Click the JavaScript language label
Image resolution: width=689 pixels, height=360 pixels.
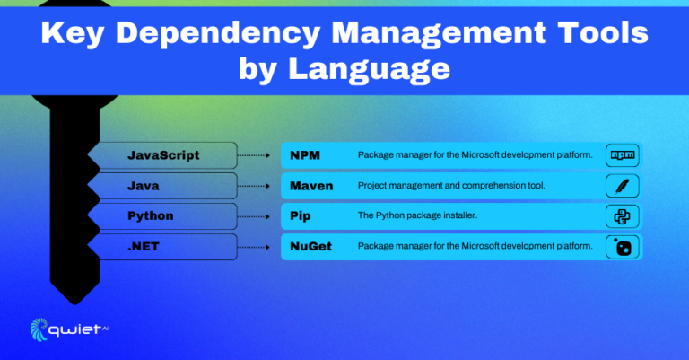tap(163, 155)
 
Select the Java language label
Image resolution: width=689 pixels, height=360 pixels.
tap(144, 186)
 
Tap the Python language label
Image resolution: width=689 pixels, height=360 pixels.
tap(151, 216)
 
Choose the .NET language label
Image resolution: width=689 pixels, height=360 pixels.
tap(143, 247)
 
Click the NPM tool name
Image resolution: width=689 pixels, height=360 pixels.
tap(305, 155)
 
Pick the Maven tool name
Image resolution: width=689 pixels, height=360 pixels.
tap(311, 186)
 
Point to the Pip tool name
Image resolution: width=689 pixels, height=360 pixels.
tap(301, 216)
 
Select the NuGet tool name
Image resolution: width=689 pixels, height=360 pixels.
tap(310, 247)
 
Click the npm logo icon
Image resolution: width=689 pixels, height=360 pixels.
tap(623, 155)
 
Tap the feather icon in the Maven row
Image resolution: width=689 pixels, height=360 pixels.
tap(622, 186)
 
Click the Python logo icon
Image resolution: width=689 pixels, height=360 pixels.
tap(623, 216)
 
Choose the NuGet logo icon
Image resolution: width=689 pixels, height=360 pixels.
tap(623, 247)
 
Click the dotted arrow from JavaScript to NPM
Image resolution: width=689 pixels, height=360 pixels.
tap(254, 155)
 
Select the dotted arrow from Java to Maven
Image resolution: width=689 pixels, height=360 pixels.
tap(254, 186)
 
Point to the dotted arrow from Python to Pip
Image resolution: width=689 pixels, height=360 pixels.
tap(254, 216)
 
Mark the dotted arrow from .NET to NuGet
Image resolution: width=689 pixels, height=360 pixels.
tap(254, 247)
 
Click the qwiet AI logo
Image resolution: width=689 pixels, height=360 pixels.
tap(69, 329)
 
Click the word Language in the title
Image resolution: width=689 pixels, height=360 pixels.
tap(369, 69)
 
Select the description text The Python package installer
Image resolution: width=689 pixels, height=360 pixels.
tap(417, 215)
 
